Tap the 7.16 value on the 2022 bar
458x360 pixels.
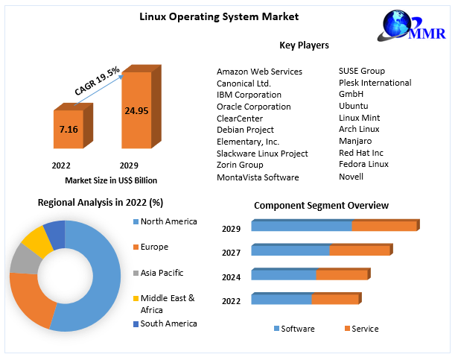69,129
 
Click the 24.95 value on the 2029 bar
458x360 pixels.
136,111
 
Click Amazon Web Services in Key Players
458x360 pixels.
259,72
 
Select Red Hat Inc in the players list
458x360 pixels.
361,152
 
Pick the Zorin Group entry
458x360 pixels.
240,165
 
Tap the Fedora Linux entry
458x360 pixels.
363,164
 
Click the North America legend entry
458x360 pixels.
168,221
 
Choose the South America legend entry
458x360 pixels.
168,323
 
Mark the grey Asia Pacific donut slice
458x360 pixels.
22,260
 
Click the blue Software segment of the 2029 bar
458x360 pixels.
301,226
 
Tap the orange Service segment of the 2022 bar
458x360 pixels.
335,300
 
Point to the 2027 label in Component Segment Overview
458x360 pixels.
231,253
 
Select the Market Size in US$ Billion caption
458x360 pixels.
111,180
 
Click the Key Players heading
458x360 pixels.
304,45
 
